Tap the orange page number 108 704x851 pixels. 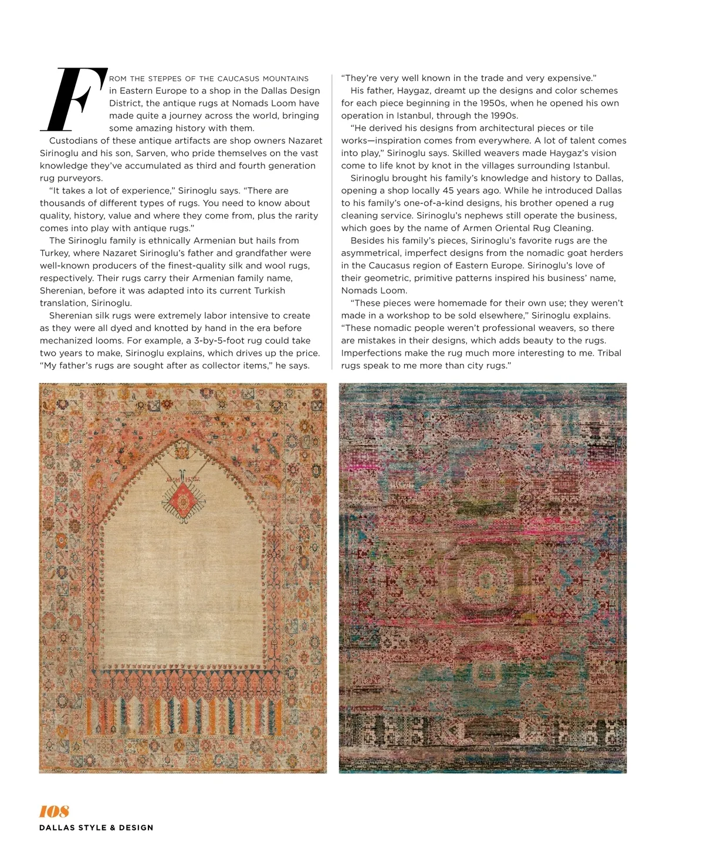pyautogui.click(x=54, y=811)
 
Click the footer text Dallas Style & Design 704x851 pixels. pyautogui.click(x=96, y=828)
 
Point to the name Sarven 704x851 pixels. pyautogui.click(x=151, y=153)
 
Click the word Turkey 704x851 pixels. pyautogui.click(x=55, y=253)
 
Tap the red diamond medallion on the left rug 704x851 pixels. pyautogui.click(x=183, y=501)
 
